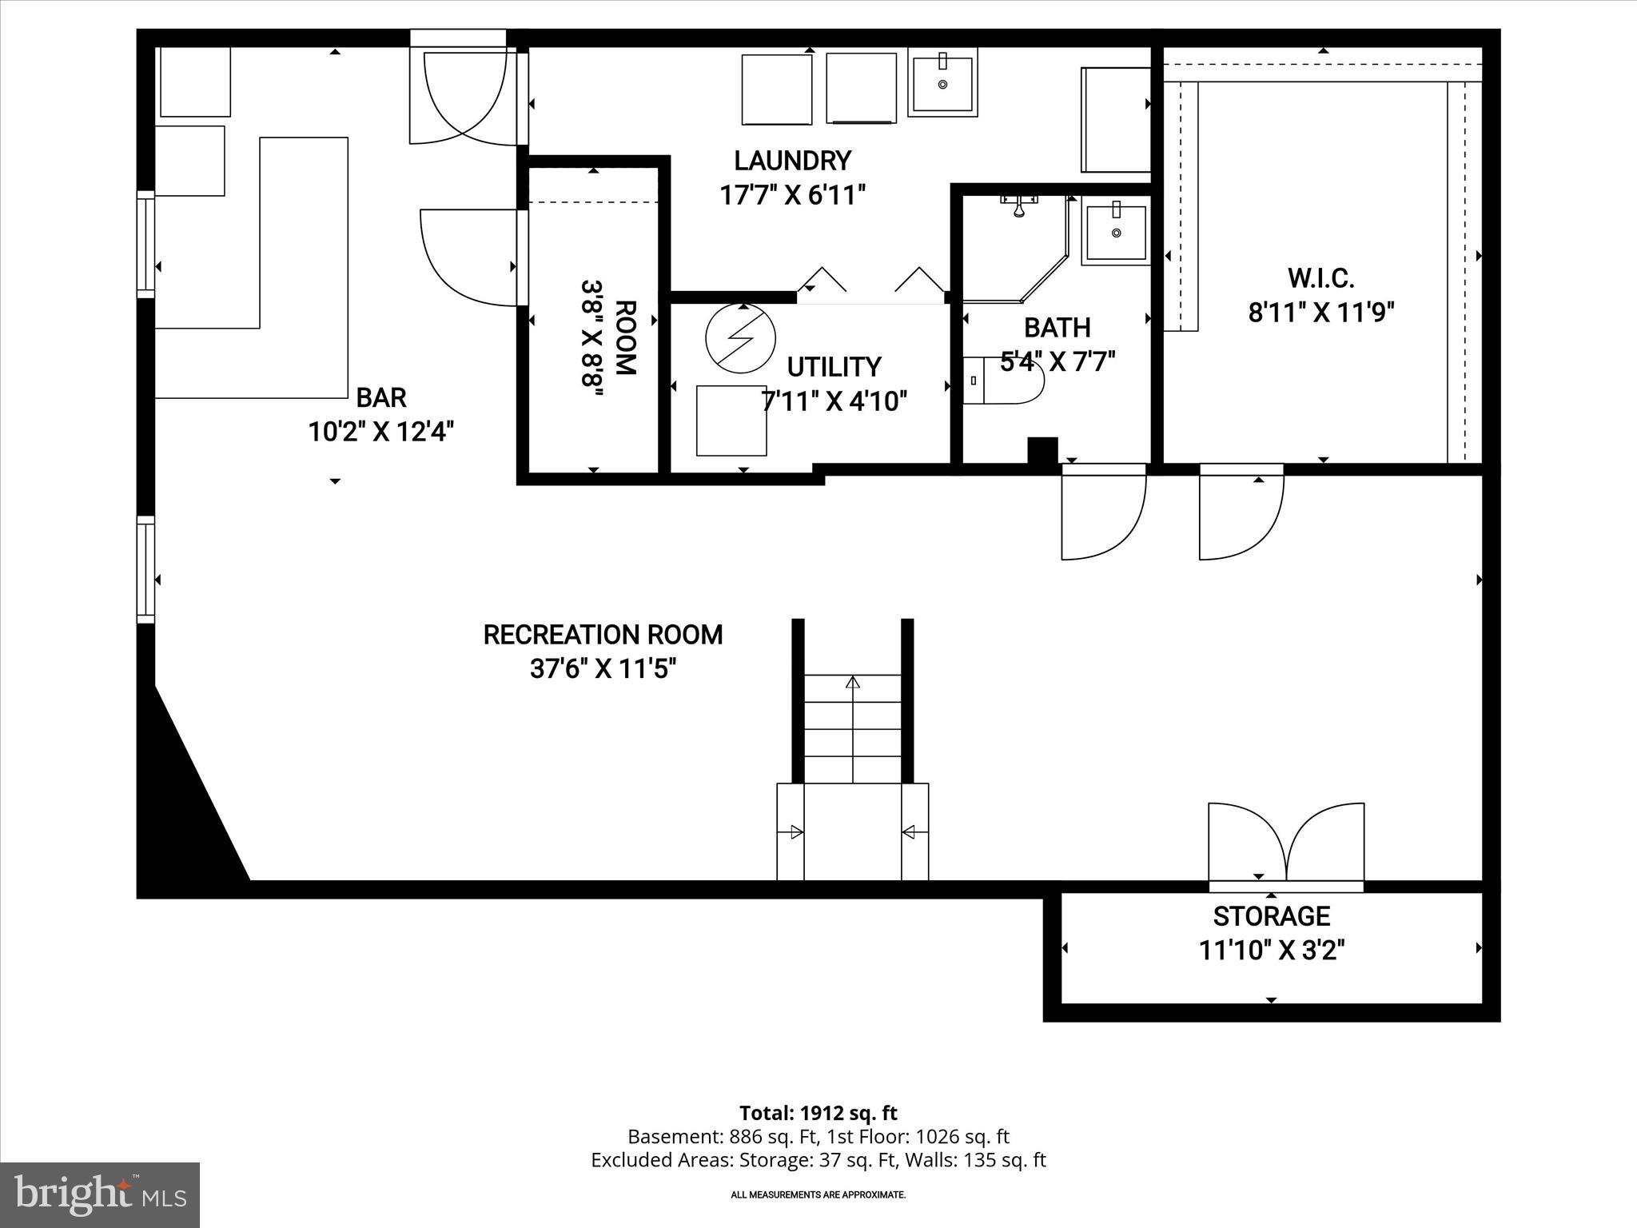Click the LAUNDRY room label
pyautogui.click(x=792, y=161)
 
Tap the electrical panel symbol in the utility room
pyautogui.click(x=741, y=338)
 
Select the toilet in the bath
pyautogui.click(x=1004, y=381)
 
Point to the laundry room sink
pyautogui.click(x=942, y=82)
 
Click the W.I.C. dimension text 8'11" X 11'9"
pyautogui.click(x=1320, y=313)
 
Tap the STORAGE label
pyautogui.click(x=1271, y=916)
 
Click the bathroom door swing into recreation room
pyautogui.click(x=1102, y=515)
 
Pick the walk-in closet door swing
pyautogui.click(x=1241, y=515)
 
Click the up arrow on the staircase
pyautogui.click(x=853, y=684)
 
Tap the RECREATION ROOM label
pyautogui.click(x=603, y=635)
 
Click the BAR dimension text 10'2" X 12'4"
pyautogui.click(x=380, y=433)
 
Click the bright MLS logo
pyautogui.click(x=100, y=1194)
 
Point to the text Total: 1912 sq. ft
pyautogui.click(x=818, y=1113)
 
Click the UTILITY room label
pyautogui.click(x=834, y=367)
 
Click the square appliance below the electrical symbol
pyautogui.click(x=731, y=421)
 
